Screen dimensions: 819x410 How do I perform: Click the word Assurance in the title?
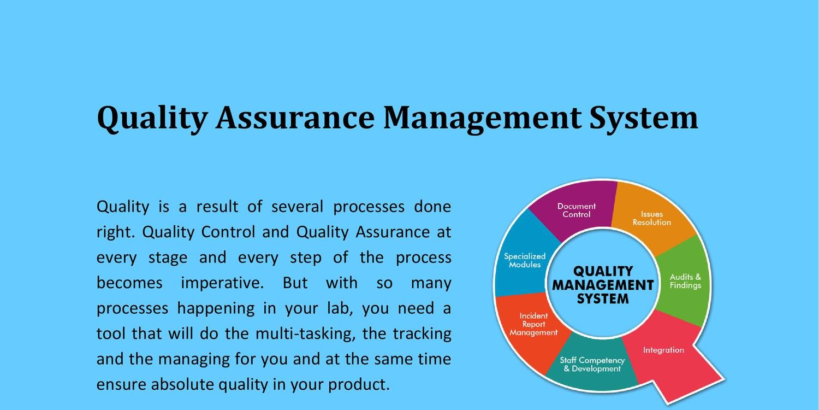tap(295, 118)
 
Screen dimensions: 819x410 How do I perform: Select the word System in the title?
tap(644, 118)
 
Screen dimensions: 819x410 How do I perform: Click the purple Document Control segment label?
tap(576, 210)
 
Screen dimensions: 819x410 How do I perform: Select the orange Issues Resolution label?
tap(652, 218)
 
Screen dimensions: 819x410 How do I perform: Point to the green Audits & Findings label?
tap(685, 281)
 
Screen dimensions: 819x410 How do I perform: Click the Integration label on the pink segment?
tap(663, 350)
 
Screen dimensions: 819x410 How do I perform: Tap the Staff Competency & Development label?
tap(592, 365)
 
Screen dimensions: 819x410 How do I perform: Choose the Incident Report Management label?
tap(534, 324)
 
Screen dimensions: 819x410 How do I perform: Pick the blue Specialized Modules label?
tap(525, 260)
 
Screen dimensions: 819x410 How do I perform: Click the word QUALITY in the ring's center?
tap(603, 271)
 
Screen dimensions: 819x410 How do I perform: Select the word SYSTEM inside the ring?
tap(603, 298)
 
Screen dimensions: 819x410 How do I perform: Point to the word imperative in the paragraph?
tap(222, 284)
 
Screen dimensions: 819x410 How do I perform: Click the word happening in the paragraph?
tap(216, 309)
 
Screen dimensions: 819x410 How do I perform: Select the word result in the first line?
tap(217, 207)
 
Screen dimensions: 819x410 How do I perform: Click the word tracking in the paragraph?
tap(422, 334)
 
